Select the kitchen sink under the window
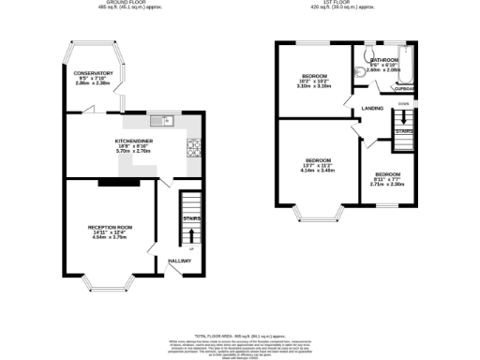pyautogui.click(x=164, y=119)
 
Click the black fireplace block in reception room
pyautogui.click(x=112, y=182)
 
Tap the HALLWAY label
pyautogui.click(x=179, y=261)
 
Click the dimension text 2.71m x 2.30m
pyautogui.click(x=386, y=184)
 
